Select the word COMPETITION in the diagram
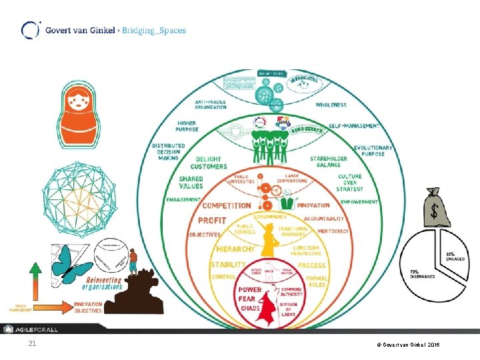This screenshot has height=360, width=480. coord(227,206)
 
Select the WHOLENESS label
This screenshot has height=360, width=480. coord(331,105)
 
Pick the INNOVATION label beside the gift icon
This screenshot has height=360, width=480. coord(313,205)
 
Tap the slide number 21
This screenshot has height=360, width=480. coord(32,344)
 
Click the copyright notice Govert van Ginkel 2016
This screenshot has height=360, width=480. coord(407,345)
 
